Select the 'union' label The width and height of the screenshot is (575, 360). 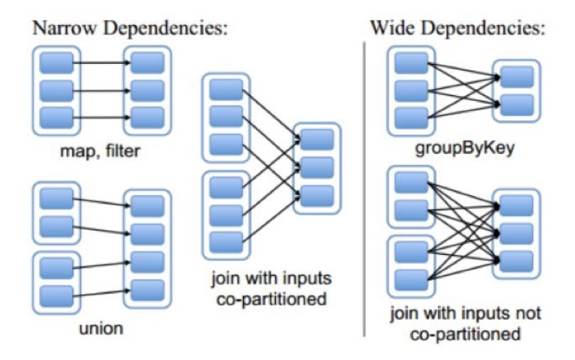pyautogui.click(x=103, y=326)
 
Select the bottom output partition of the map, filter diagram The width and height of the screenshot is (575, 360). pyautogui.click(x=147, y=115)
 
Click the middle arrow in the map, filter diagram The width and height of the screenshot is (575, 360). pyautogui.click(x=100, y=88)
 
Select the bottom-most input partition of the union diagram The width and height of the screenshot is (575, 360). pyautogui.click(x=55, y=294)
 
